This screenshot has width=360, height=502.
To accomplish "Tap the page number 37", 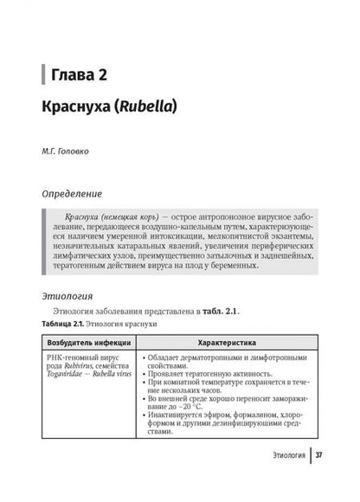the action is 319,479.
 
